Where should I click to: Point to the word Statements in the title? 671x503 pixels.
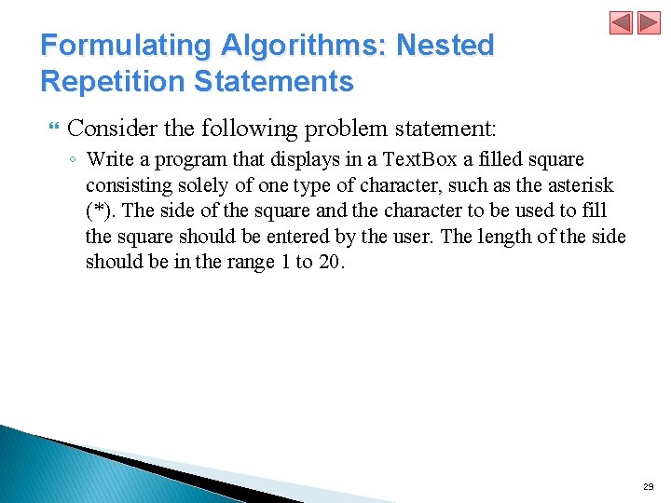point(274,82)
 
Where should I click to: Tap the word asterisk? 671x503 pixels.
point(580,185)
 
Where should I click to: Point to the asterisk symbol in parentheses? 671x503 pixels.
point(99,211)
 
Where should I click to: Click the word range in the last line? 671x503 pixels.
point(249,262)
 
